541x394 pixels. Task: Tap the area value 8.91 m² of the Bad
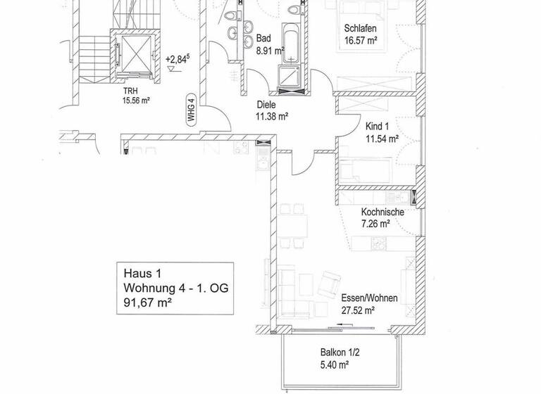(x=270, y=51)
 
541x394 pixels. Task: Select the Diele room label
(x=267, y=104)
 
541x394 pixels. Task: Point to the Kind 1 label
(x=378, y=127)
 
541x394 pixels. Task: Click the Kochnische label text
(x=383, y=212)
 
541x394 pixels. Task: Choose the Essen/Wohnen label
(x=369, y=298)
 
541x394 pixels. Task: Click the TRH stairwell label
(x=130, y=91)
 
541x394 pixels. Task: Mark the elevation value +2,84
(x=176, y=60)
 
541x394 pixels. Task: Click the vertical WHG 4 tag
(x=190, y=110)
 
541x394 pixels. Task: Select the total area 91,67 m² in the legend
(x=148, y=304)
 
